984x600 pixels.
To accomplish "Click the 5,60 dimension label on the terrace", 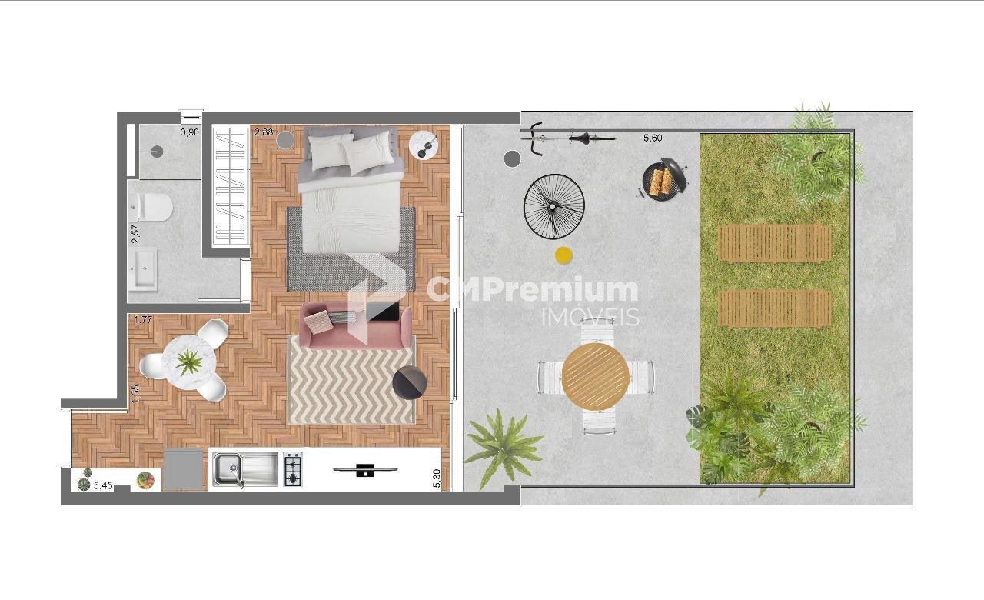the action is (x=653, y=138).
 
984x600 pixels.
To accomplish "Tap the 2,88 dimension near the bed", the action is (x=264, y=132).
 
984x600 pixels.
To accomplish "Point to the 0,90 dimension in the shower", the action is (x=190, y=132).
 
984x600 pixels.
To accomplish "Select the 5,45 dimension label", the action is (x=103, y=485).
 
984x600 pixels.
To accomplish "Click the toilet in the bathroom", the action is (x=151, y=207).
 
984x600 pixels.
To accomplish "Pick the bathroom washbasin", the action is (x=143, y=269).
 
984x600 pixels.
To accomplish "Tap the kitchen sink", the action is (x=245, y=469).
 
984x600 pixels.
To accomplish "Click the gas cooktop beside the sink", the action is (x=293, y=469).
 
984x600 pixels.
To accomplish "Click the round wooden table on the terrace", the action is (x=596, y=377).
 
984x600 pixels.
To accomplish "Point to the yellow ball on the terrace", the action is (x=563, y=255).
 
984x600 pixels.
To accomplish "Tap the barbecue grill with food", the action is (x=663, y=179).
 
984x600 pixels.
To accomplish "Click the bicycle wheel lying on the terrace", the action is (x=554, y=206).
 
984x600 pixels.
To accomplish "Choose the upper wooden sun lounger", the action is (x=776, y=243).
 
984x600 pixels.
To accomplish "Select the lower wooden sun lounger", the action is (x=776, y=308).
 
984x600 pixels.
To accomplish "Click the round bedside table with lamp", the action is (x=424, y=145).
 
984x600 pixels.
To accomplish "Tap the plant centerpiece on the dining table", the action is (x=189, y=362).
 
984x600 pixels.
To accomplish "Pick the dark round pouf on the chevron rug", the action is (x=410, y=382).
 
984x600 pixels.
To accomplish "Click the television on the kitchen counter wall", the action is (x=365, y=470).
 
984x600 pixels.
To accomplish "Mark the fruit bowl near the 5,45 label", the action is (x=145, y=481).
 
